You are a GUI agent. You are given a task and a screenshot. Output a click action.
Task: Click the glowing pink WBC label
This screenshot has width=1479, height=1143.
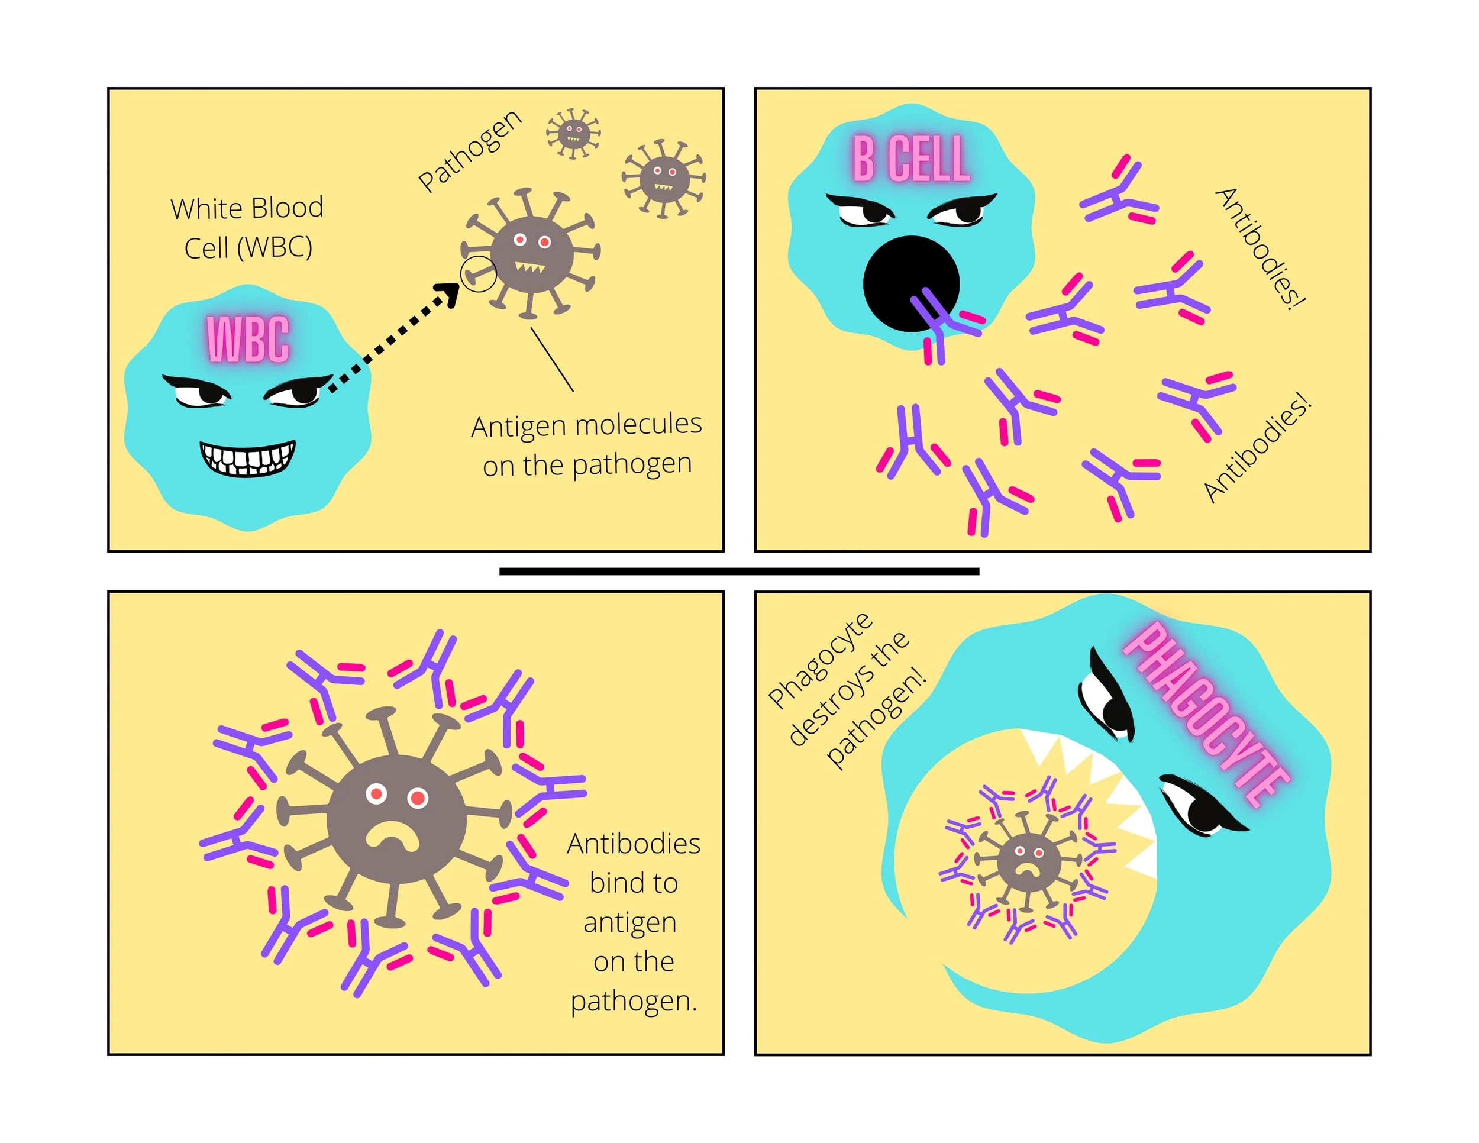point(248,338)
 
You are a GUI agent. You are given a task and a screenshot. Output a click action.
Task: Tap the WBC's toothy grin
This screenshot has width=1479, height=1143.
point(247,459)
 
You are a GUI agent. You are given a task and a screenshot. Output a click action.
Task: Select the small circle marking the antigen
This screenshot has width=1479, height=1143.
point(478,275)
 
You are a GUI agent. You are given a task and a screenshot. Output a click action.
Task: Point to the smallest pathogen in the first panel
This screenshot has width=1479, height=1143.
point(573,133)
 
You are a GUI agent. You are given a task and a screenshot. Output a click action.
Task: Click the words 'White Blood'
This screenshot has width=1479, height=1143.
point(247,208)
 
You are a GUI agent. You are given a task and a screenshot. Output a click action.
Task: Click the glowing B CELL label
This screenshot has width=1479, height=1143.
point(911,159)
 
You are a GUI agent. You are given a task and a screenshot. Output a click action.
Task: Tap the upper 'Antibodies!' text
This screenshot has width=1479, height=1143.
point(1260,247)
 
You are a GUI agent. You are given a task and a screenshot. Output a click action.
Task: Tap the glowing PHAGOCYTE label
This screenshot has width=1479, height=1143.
point(1206,715)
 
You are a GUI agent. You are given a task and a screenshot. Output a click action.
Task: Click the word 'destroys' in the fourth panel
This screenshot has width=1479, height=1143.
point(849,689)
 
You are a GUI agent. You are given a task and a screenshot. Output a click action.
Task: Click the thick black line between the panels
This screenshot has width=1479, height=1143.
point(739,571)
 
